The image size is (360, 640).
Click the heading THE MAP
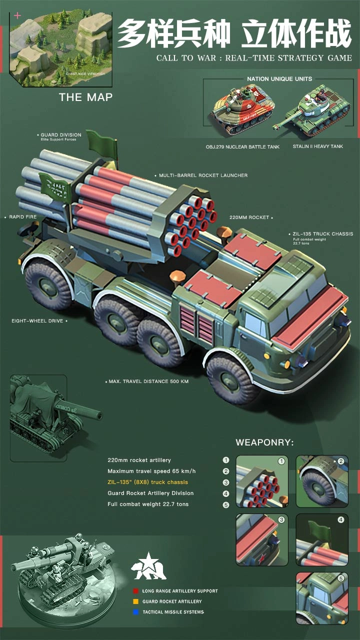pyautogui.click(x=85, y=97)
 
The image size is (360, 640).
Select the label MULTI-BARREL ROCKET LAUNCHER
pyautogui.click(x=203, y=175)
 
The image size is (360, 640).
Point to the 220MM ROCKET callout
pyautogui.click(x=249, y=217)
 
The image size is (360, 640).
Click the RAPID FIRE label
pyautogui.click(x=23, y=217)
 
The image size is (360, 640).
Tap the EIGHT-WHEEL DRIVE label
pyautogui.click(x=37, y=321)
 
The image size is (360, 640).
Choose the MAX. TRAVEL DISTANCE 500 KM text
pyautogui.click(x=148, y=381)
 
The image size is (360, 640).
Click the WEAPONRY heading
pyautogui.click(x=264, y=442)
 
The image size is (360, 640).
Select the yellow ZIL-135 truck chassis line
pyautogui.click(x=147, y=482)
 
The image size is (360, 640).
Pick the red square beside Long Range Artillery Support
pyautogui.click(x=136, y=591)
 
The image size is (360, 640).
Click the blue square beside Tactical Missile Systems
pyautogui.click(x=136, y=612)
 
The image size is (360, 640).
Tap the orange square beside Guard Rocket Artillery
pyautogui.click(x=136, y=601)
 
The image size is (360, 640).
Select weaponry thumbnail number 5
pyautogui.click(x=321, y=598)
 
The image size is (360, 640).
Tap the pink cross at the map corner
pyautogui.click(x=18, y=15)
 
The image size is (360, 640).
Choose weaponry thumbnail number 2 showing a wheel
pyautogui.click(x=321, y=480)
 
